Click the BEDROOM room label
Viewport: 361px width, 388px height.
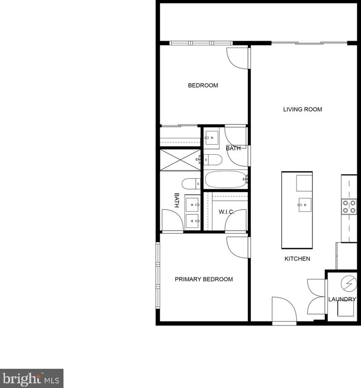tap(203, 85)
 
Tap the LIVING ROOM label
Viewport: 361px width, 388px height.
tap(302, 110)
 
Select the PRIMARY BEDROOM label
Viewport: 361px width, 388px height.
tap(204, 279)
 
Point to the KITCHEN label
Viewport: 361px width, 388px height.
tap(297, 259)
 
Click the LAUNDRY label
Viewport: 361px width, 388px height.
tap(342, 299)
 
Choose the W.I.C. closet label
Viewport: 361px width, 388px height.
tap(227, 212)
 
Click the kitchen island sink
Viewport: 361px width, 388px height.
tap(305, 205)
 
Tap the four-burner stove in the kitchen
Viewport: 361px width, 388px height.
tap(349, 207)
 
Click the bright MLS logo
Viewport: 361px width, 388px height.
tap(32, 378)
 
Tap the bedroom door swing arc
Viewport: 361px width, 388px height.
tap(238, 58)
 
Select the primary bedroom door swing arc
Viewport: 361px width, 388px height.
tap(238, 248)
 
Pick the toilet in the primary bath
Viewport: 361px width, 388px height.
tap(191, 184)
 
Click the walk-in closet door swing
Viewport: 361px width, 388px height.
tap(236, 221)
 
